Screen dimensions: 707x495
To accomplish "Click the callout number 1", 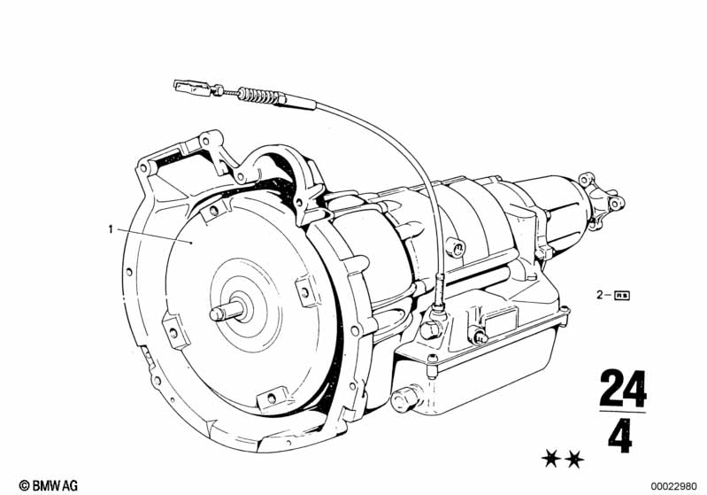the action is coord(111,229).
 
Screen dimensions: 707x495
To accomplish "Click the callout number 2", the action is coord(600,295).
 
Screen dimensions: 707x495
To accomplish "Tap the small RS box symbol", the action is coord(622,296).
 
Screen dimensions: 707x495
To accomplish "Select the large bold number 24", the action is coord(623,389).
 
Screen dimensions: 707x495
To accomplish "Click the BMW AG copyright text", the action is coord(49,485).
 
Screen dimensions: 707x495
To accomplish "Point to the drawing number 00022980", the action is coord(673,486).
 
